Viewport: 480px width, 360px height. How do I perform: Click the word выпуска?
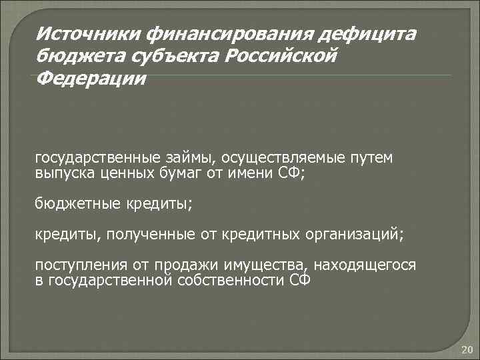63,174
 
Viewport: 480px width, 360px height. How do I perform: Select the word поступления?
75,265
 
